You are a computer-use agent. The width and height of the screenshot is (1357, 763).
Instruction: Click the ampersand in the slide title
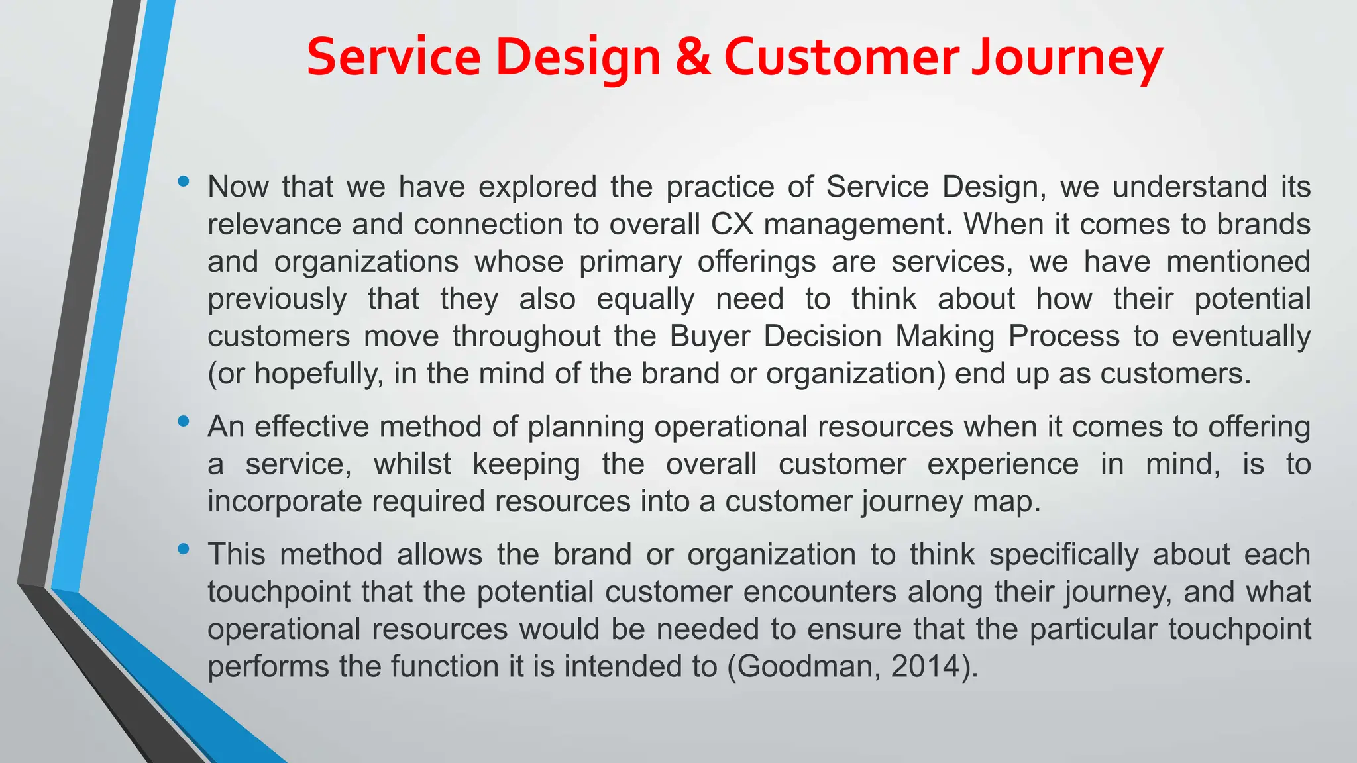tap(693, 57)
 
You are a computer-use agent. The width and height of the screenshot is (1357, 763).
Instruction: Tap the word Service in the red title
tap(394, 57)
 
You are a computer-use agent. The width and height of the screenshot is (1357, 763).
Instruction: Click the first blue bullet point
tap(184, 181)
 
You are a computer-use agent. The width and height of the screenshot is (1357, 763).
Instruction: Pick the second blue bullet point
tap(184, 421)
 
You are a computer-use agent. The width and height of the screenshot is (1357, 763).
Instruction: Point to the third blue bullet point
tap(184, 548)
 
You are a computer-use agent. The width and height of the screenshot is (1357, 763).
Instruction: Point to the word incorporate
tap(284, 502)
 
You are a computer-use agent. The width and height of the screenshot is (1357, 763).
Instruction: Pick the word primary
tap(630, 262)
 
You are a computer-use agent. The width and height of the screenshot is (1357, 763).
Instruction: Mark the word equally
tap(645, 299)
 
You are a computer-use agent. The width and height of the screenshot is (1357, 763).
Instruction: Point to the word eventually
tap(1241, 336)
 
